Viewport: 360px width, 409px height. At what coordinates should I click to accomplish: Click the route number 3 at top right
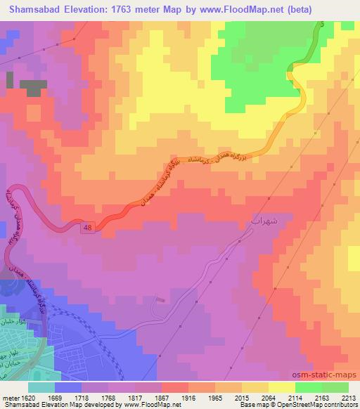(x=321, y=25)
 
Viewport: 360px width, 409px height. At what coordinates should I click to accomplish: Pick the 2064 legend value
(x=269, y=397)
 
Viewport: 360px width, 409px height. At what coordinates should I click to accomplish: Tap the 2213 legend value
(x=348, y=397)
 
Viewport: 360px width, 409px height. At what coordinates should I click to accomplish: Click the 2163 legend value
(x=322, y=397)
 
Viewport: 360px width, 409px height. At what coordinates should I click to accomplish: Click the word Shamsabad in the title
(x=33, y=8)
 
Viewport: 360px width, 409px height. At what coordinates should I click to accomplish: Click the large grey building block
(x=32, y=89)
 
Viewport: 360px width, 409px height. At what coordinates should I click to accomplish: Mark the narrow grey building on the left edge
(x=9, y=79)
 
